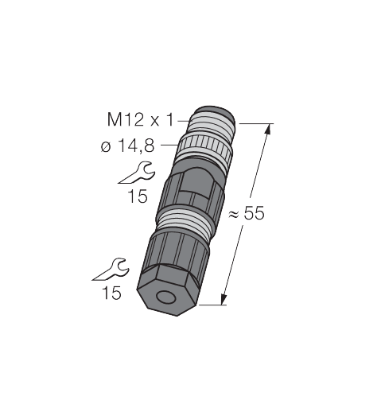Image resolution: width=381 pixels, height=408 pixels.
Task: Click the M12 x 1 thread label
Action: [140, 120]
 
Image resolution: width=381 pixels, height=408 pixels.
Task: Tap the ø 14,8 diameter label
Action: [127, 146]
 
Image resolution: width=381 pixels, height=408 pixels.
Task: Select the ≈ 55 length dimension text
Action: [246, 213]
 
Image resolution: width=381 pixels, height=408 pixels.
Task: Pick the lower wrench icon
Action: [111, 270]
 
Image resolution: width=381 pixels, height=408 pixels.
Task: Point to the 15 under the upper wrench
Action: [138, 196]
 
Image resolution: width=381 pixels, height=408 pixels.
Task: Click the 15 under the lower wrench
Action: [111, 293]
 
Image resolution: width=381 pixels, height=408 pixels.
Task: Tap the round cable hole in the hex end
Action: [165, 297]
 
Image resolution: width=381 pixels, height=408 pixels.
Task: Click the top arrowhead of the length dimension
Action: [268, 130]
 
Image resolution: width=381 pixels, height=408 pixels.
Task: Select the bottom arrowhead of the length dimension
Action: [224, 299]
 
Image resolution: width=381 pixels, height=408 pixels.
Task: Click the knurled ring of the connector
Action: [204, 147]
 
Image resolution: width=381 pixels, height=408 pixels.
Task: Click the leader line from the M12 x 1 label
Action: [184, 121]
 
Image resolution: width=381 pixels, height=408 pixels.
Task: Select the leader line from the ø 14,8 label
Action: [169, 145]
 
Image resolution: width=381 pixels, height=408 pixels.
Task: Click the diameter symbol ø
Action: [106, 146]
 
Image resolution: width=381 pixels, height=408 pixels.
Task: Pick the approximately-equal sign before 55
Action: [234, 214]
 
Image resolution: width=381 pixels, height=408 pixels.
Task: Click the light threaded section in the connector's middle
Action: [185, 220]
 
